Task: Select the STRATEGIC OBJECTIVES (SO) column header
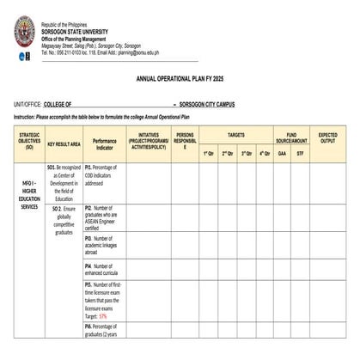[29, 141]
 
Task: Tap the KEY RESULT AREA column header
[64, 143]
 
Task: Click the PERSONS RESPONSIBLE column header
[184, 141]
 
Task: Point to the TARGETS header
[235, 135]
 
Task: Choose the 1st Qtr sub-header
[209, 153]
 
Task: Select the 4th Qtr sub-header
[264, 153]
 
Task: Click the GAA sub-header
[283, 153]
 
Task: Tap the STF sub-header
[300, 153]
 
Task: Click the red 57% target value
[103, 316]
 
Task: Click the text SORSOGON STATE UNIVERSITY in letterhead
[72, 29]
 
